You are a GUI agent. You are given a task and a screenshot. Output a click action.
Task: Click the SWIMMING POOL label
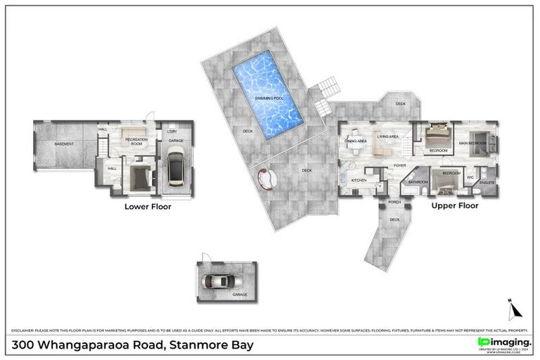tap(269, 98)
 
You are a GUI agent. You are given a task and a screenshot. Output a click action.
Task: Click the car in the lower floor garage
tap(176, 166)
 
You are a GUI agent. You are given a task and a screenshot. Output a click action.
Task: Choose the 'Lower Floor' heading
tap(148, 207)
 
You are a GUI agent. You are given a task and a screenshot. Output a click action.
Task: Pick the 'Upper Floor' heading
tap(455, 206)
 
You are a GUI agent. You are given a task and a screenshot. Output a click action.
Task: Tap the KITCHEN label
tap(359, 181)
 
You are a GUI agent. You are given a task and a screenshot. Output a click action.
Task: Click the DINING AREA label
tap(355, 141)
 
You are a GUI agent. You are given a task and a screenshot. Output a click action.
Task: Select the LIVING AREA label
tap(387, 136)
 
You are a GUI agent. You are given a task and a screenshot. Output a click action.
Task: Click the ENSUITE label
tap(487, 182)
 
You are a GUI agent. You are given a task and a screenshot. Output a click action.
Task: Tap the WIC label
tap(470, 177)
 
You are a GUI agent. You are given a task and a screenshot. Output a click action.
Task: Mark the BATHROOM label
tap(419, 181)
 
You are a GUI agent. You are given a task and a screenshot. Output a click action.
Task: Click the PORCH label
tap(394, 202)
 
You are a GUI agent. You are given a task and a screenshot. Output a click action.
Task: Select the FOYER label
tap(399, 166)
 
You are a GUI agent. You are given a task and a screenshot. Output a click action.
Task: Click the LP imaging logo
tap(503, 342)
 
